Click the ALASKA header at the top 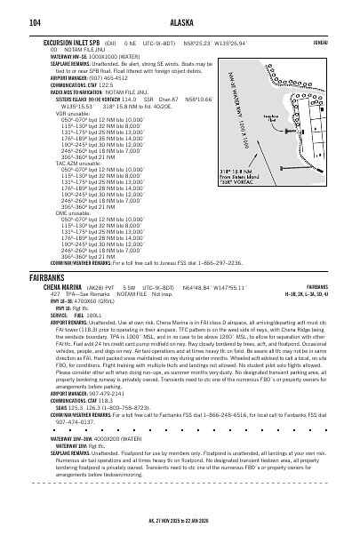point(180,22)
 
